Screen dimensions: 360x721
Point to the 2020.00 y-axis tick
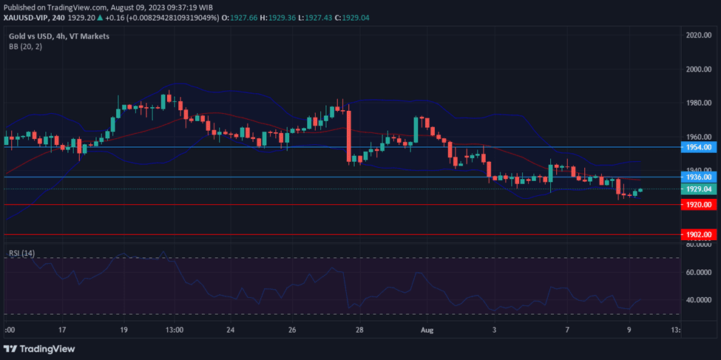coord(698,35)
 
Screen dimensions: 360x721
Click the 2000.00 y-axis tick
coord(698,69)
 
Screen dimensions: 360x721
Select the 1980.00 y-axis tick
coord(698,103)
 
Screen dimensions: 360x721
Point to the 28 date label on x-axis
coord(358,330)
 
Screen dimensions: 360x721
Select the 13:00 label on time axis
coord(175,330)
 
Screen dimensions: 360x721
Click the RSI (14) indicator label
coord(21,254)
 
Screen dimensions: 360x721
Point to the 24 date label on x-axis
coord(231,330)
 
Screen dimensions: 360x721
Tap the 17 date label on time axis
coord(62,330)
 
